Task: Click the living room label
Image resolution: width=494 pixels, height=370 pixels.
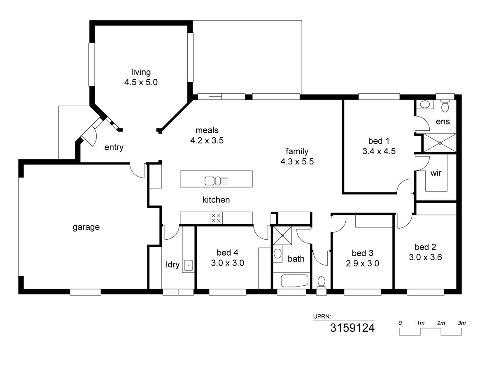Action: [141, 72]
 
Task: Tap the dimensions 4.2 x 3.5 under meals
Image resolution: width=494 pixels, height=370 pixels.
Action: [207, 140]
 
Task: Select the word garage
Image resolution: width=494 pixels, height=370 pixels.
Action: [86, 227]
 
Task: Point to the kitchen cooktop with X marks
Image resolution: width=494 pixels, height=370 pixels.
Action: [216, 218]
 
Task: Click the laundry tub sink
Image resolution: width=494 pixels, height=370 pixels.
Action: [188, 265]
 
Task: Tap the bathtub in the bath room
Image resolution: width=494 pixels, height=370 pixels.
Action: [294, 282]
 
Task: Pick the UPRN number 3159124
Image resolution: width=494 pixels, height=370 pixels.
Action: [352, 328]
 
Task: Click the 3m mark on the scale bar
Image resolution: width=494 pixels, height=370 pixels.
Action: [461, 323]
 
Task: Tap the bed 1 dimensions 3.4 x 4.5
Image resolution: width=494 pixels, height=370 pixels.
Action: [379, 151]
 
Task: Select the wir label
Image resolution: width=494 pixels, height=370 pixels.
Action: [436, 173]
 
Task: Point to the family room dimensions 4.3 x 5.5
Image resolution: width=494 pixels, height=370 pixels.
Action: [297, 162]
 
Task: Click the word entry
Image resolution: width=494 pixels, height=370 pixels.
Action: [114, 148]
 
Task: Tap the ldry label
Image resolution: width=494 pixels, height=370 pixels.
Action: [172, 265]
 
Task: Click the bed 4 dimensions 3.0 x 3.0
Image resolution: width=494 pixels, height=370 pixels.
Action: [228, 263]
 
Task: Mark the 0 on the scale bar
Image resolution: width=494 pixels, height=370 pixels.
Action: [400, 323]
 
